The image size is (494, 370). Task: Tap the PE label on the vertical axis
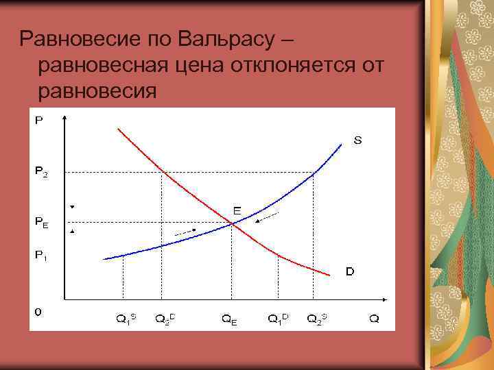[41, 222]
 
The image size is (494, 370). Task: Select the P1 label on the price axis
[41, 255]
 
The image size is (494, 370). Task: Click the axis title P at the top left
[38, 120]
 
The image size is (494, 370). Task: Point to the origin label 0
[38, 311]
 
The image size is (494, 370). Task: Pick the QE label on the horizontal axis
[229, 319]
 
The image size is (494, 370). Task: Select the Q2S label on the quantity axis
[317, 318]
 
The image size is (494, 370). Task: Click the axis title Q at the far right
[374, 319]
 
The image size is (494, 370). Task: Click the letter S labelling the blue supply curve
[357, 141]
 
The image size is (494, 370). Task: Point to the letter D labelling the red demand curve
[350, 271]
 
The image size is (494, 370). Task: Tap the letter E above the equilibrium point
[236, 211]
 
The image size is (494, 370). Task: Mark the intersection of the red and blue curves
[231, 222]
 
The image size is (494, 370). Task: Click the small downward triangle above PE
[71, 206]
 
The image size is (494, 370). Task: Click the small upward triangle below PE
[71, 232]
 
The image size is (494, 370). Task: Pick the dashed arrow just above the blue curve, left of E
[185, 233]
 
